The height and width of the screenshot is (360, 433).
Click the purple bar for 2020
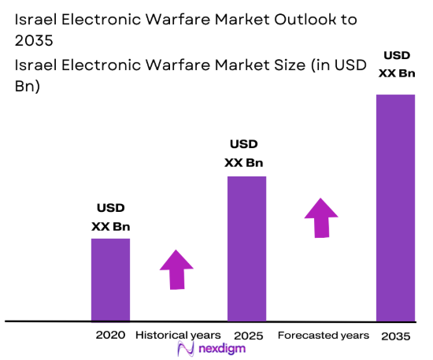(110, 280)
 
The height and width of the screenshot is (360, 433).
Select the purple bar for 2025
(246, 248)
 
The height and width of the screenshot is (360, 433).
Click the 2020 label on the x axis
(111, 335)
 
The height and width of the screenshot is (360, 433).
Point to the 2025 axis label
(247, 335)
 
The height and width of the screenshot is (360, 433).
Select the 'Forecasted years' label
(323, 335)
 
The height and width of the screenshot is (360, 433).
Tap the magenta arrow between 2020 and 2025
(176, 269)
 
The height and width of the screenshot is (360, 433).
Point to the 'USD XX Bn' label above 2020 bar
(110, 217)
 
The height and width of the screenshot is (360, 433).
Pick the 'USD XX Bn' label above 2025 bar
(243, 154)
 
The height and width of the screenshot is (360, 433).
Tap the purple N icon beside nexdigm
(186, 349)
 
